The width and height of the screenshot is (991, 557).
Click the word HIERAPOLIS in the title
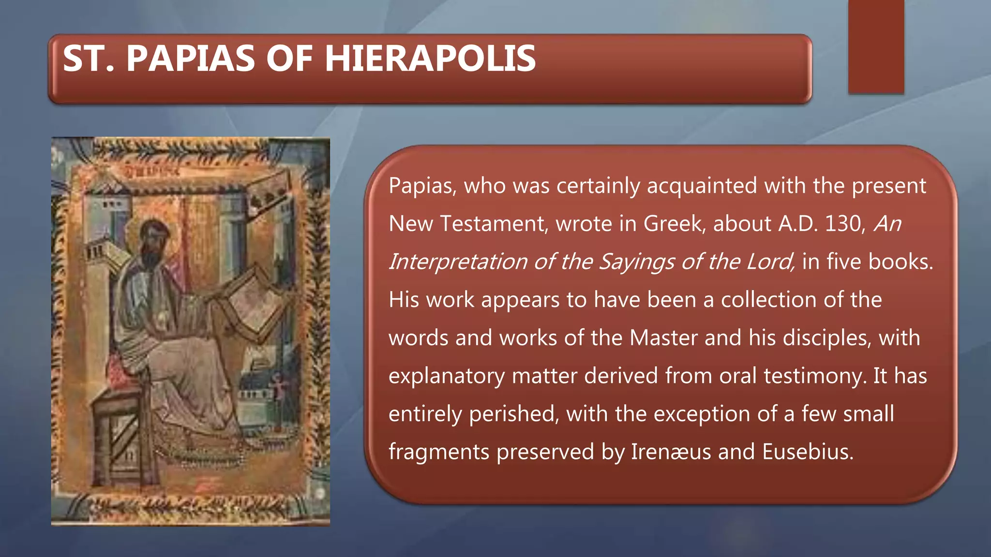pyautogui.click(x=430, y=59)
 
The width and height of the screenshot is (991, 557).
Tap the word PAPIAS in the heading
pyautogui.click(x=190, y=59)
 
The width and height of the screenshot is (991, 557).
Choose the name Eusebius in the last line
pyautogui.click(x=807, y=452)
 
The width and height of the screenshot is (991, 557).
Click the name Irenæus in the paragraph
pyautogui.click(x=671, y=452)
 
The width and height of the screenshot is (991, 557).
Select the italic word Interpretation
pyautogui.click(x=457, y=262)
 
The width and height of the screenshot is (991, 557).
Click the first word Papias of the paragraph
pyautogui.click(x=422, y=186)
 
